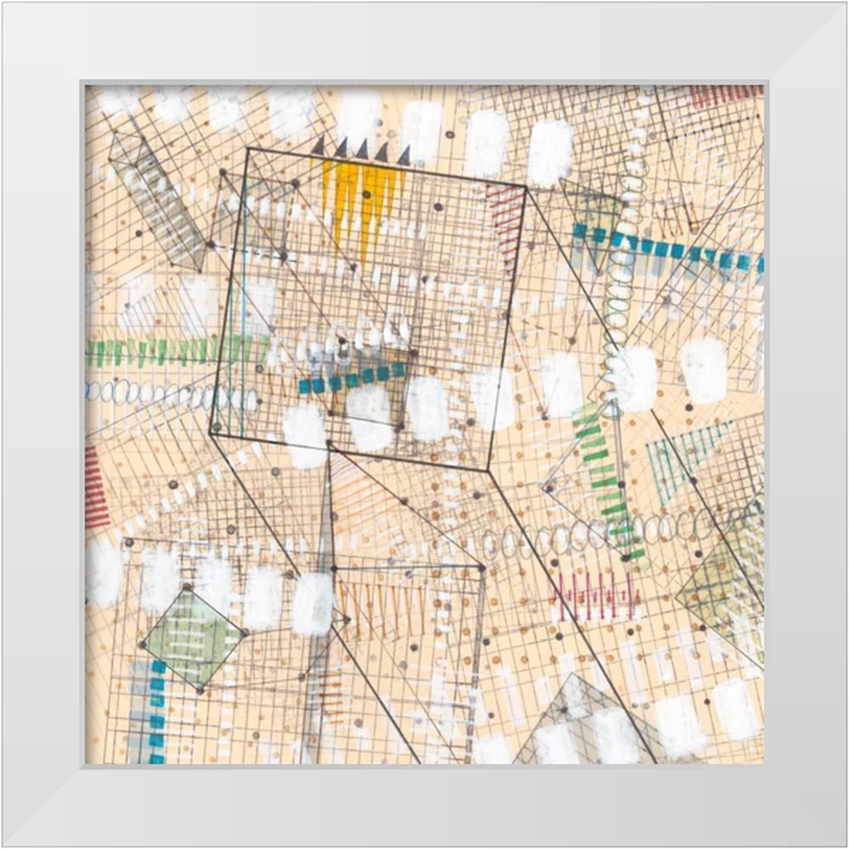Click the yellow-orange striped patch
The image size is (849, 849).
point(361,200)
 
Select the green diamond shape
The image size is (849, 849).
point(193,638)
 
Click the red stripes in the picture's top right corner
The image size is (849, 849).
point(726,95)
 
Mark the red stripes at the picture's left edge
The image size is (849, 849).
point(95,488)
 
